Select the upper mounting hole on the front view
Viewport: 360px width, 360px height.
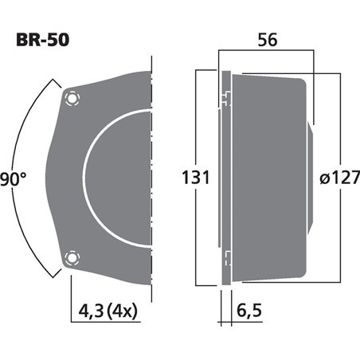click(x=73, y=98)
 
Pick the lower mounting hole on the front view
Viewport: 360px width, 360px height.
click(x=73, y=256)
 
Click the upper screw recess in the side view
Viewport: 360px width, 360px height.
click(x=227, y=99)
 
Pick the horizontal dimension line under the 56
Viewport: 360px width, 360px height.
click(x=268, y=57)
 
